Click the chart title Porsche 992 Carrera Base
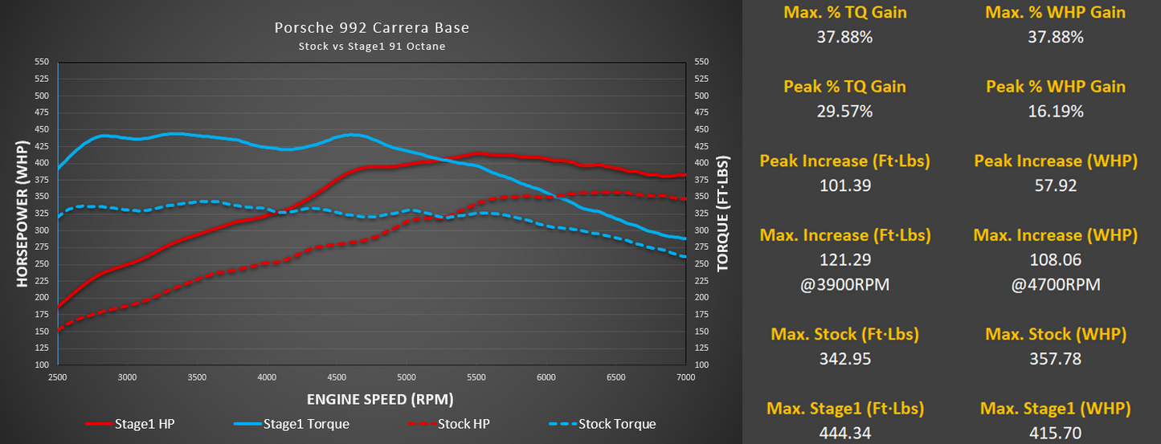[x=371, y=28]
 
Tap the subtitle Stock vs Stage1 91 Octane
[x=371, y=46]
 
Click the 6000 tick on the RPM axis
[x=546, y=377]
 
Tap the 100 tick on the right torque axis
[x=699, y=365]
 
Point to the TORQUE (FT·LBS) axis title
[x=722, y=213]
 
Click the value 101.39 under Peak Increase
[x=844, y=185]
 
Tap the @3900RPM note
[x=844, y=284]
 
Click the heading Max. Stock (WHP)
[x=1055, y=334]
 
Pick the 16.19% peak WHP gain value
[x=1055, y=112]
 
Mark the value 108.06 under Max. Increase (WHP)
[x=1055, y=260]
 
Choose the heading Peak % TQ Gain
[x=844, y=87]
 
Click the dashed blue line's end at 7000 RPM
[x=685, y=257]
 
